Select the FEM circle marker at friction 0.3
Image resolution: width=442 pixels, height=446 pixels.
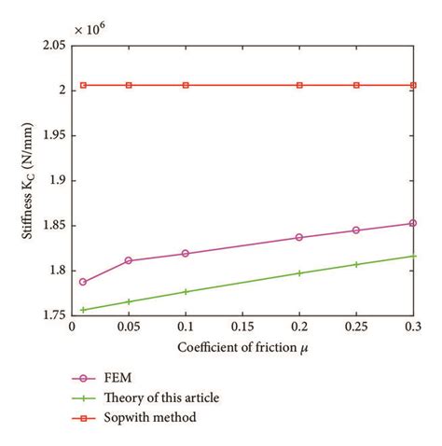click(x=413, y=223)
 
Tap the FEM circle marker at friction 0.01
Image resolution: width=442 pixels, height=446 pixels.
click(x=83, y=282)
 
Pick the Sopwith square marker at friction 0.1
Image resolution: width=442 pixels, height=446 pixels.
click(x=186, y=85)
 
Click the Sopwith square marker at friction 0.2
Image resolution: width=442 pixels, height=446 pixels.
click(x=299, y=85)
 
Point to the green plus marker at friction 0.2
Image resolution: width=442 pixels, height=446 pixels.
click(x=299, y=273)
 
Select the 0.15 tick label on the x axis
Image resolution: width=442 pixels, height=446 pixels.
click(x=242, y=328)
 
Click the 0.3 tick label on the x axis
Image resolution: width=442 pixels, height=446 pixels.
click(x=411, y=328)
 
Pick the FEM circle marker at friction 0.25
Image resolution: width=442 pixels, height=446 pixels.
click(x=356, y=230)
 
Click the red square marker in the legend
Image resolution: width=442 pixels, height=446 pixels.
click(x=81, y=418)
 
